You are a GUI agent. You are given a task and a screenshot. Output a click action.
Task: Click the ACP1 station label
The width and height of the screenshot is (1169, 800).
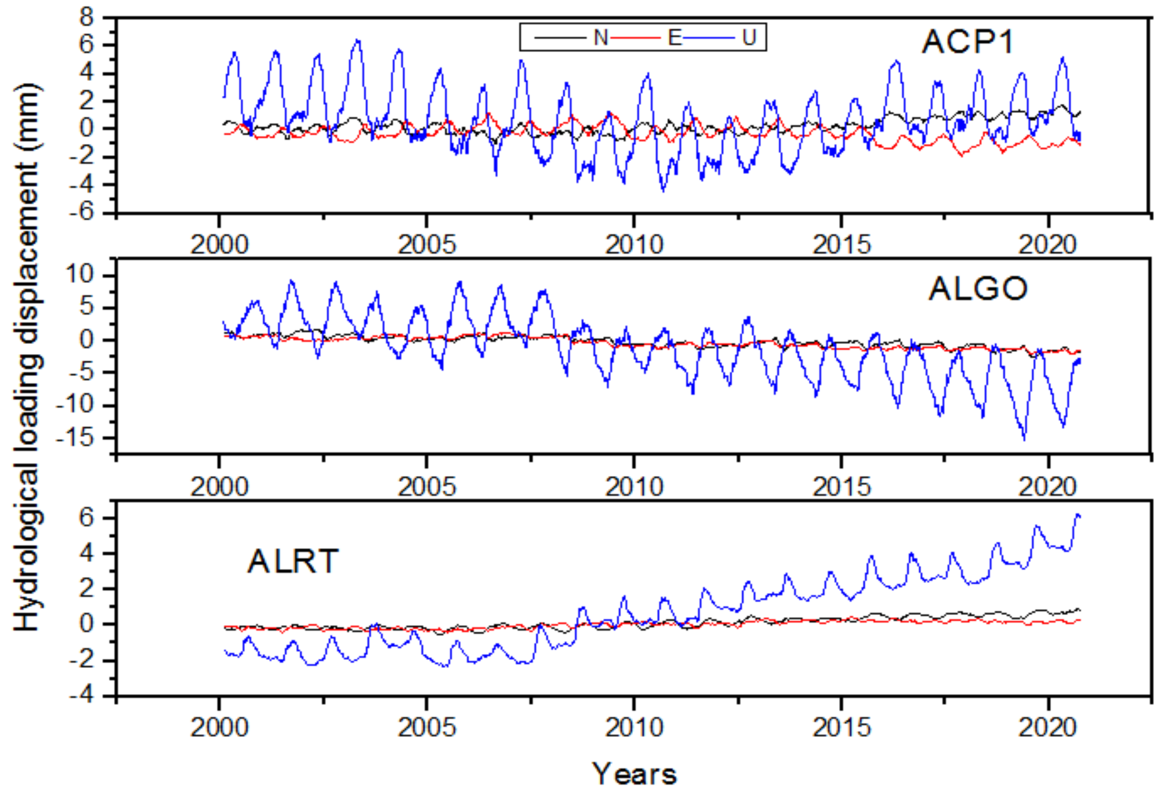click(x=967, y=42)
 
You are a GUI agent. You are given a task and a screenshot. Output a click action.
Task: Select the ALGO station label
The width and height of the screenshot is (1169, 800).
click(x=977, y=289)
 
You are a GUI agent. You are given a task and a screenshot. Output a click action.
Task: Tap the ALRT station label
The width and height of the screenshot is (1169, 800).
click(x=293, y=562)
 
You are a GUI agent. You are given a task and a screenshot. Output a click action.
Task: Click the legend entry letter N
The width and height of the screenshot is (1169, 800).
click(x=600, y=38)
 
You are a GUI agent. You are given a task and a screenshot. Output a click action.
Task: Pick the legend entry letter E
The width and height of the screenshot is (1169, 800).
click(x=674, y=38)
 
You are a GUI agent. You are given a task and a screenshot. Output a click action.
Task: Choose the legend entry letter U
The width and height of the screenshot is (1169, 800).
click(x=749, y=38)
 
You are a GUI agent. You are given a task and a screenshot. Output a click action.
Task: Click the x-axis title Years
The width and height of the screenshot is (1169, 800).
click(x=634, y=774)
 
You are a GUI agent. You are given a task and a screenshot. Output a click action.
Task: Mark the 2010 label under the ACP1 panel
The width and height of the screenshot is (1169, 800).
click(x=634, y=245)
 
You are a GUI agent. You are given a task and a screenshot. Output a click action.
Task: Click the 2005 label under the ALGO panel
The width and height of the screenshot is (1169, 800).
click(x=426, y=487)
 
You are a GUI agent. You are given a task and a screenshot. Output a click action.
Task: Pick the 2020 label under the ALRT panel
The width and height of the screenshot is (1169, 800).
click(x=1047, y=728)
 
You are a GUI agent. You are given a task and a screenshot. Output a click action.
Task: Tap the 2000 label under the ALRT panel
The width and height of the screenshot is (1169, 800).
click(x=219, y=728)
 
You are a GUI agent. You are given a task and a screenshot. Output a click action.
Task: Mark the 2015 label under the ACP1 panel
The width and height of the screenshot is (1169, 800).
click(x=841, y=245)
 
